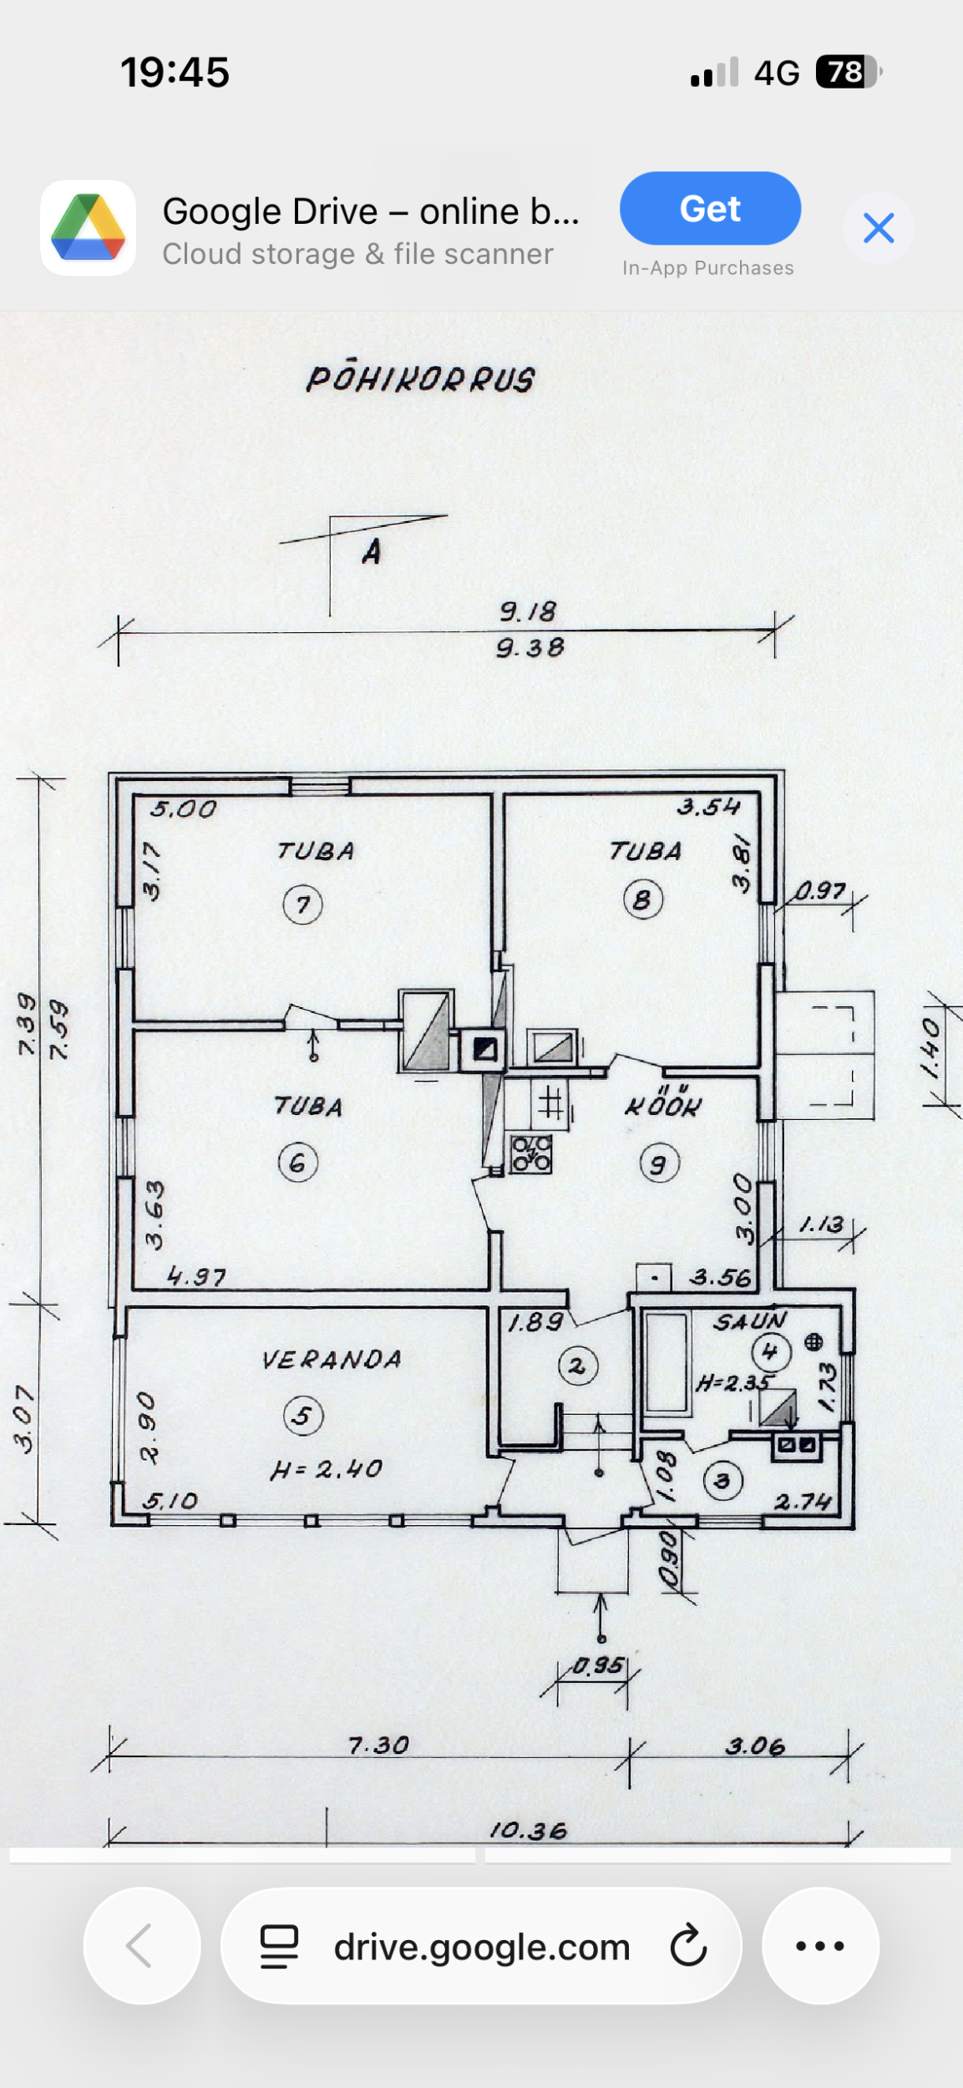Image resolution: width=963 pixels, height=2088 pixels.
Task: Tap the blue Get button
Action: [x=710, y=208]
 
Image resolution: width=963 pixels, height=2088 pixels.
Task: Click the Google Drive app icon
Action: [x=89, y=227]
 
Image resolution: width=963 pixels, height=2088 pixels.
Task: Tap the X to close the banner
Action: [x=879, y=227]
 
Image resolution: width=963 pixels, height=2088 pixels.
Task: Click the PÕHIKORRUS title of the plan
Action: [x=420, y=379]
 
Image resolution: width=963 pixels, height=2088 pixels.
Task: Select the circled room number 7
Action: [x=302, y=905]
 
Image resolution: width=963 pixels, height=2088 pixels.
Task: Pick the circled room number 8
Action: [x=642, y=900]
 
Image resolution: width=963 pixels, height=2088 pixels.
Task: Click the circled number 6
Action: [x=298, y=1163]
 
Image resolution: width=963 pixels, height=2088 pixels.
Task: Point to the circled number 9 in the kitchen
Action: [x=659, y=1163]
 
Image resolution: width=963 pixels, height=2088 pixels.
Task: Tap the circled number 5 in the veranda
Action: [x=303, y=1415]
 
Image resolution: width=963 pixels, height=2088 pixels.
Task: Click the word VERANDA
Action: [x=332, y=1360]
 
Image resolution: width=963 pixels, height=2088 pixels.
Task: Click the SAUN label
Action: [x=749, y=1321]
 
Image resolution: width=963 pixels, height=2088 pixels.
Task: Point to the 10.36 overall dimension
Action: [x=528, y=1831]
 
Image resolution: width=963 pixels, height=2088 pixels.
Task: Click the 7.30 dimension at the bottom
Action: [x=378, y=1745]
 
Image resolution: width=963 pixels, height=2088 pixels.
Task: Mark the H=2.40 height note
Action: [x=326, y=1469]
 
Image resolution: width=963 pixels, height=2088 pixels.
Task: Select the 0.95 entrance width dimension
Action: [x=598, y=1665]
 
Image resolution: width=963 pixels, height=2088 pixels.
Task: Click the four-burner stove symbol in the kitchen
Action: [x=531, y=1154]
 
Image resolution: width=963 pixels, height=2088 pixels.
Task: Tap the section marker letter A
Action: [x=372, y=551]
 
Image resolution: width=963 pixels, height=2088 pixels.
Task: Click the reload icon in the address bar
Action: [x=688, y=1946]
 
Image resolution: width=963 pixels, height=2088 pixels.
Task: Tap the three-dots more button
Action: [x=820, y=1946]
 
